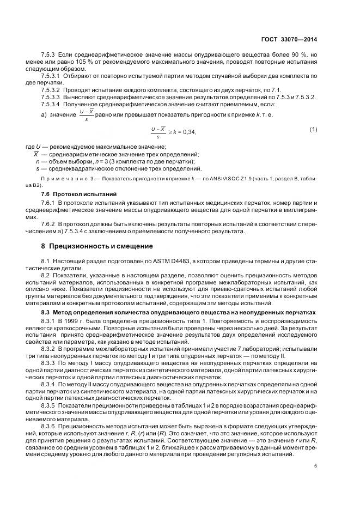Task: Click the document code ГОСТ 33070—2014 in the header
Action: coord(289,39)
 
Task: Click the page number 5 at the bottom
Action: coord(316,465)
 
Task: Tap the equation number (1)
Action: coord(313,129)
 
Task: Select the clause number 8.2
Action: coord(45,276)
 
